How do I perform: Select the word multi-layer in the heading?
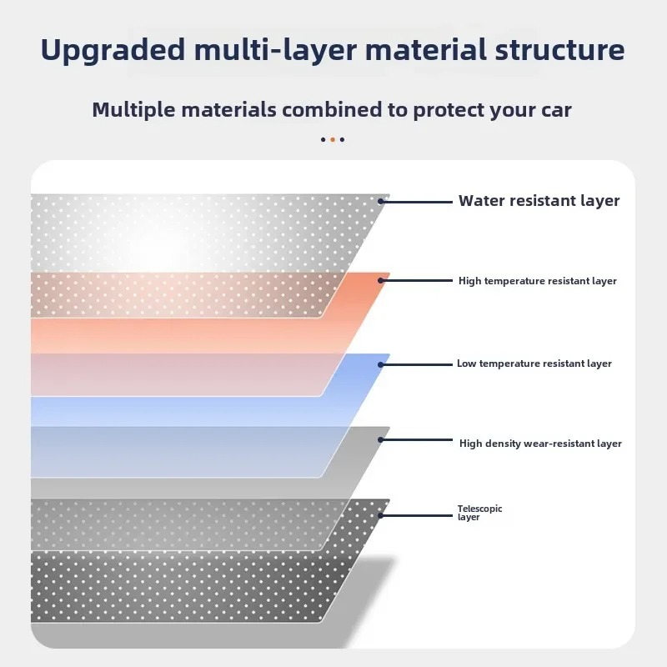(275, 51)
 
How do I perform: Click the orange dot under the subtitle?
(333, 139)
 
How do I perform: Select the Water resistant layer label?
(539, 201)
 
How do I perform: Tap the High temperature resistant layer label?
(537, 281)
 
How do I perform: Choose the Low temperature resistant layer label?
(534, 364)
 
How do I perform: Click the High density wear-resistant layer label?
(540, 444)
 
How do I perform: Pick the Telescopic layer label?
(479, 513)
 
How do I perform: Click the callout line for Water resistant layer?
(415, 202)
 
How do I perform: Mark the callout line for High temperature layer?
(415, 281)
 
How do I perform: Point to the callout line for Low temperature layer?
(415, 364)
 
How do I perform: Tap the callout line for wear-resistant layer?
(415, 440)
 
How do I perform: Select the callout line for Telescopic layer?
(415, 515)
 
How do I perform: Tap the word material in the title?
(425, 50)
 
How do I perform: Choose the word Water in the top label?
(482, 200)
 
